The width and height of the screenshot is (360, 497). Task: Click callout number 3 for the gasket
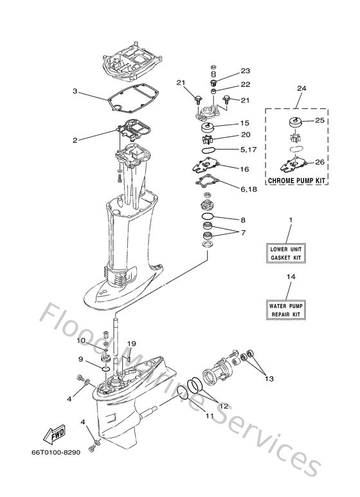(75, 91)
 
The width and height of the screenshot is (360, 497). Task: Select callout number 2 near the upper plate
(75, 140)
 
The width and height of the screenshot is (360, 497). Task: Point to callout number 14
(290, 276)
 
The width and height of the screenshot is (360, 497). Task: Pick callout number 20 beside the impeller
(244, 135)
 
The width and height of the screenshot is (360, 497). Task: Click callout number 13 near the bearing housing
(269, 379)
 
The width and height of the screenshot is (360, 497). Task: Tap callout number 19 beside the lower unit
(131, 344)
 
